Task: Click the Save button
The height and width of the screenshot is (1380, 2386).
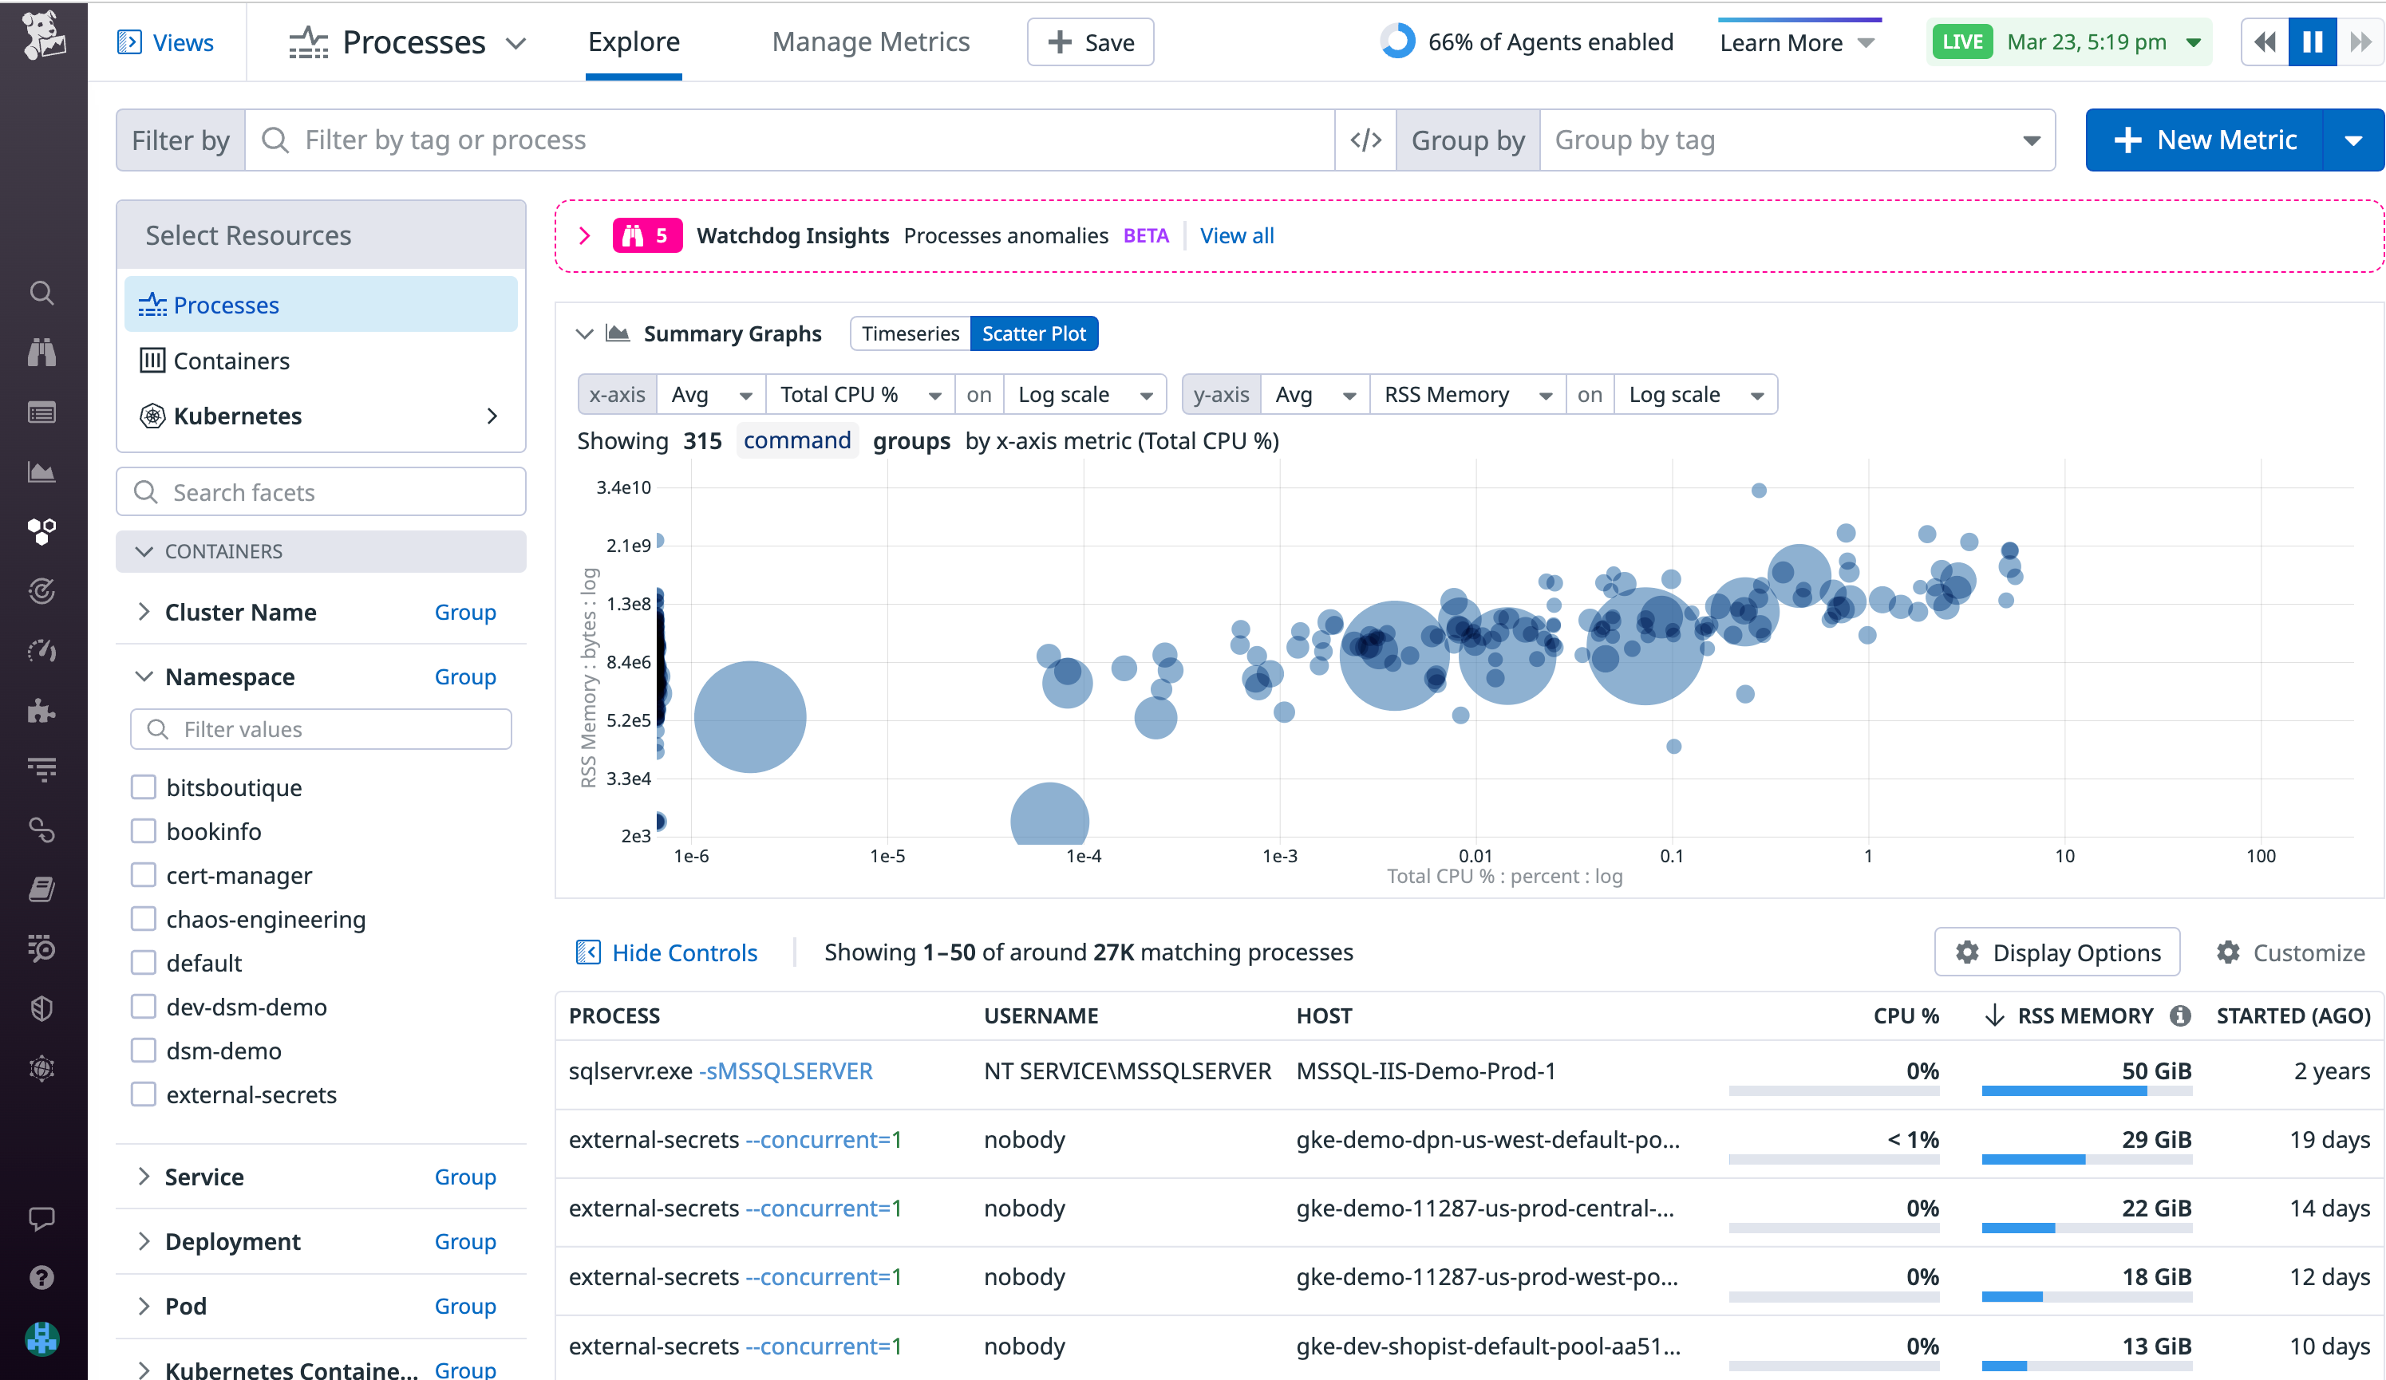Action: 1090,42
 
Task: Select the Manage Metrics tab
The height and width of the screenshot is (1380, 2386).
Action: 870,42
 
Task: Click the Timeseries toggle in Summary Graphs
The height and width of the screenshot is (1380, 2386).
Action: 910,333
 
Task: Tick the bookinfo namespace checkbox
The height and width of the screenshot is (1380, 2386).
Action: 144,831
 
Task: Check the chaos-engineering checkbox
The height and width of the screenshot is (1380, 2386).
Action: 144,919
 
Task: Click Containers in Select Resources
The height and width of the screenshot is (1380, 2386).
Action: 231,361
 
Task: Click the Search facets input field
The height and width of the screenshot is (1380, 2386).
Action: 322,492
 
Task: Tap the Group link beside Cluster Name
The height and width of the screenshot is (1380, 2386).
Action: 465,613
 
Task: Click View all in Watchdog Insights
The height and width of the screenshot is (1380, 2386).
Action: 1237,235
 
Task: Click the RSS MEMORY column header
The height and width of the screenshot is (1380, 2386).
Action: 2085,1015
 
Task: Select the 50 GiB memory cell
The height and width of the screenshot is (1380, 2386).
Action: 2156,1071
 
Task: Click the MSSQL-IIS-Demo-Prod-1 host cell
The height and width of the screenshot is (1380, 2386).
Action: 1425,1071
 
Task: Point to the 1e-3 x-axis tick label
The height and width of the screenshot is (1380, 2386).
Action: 1280,856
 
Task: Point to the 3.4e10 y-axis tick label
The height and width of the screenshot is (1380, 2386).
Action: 623,487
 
